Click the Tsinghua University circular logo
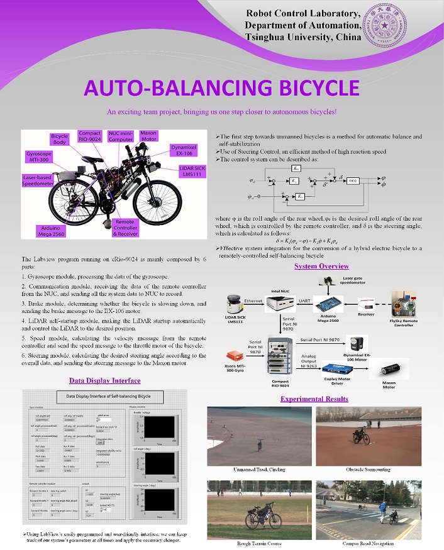tap(399, 24)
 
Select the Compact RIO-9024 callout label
tap(89, 137)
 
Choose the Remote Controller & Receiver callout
tap(124, 228)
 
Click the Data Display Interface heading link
tap(104, 380)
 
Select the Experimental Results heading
tap(314, 399)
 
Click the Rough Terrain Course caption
tap(260, 543)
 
